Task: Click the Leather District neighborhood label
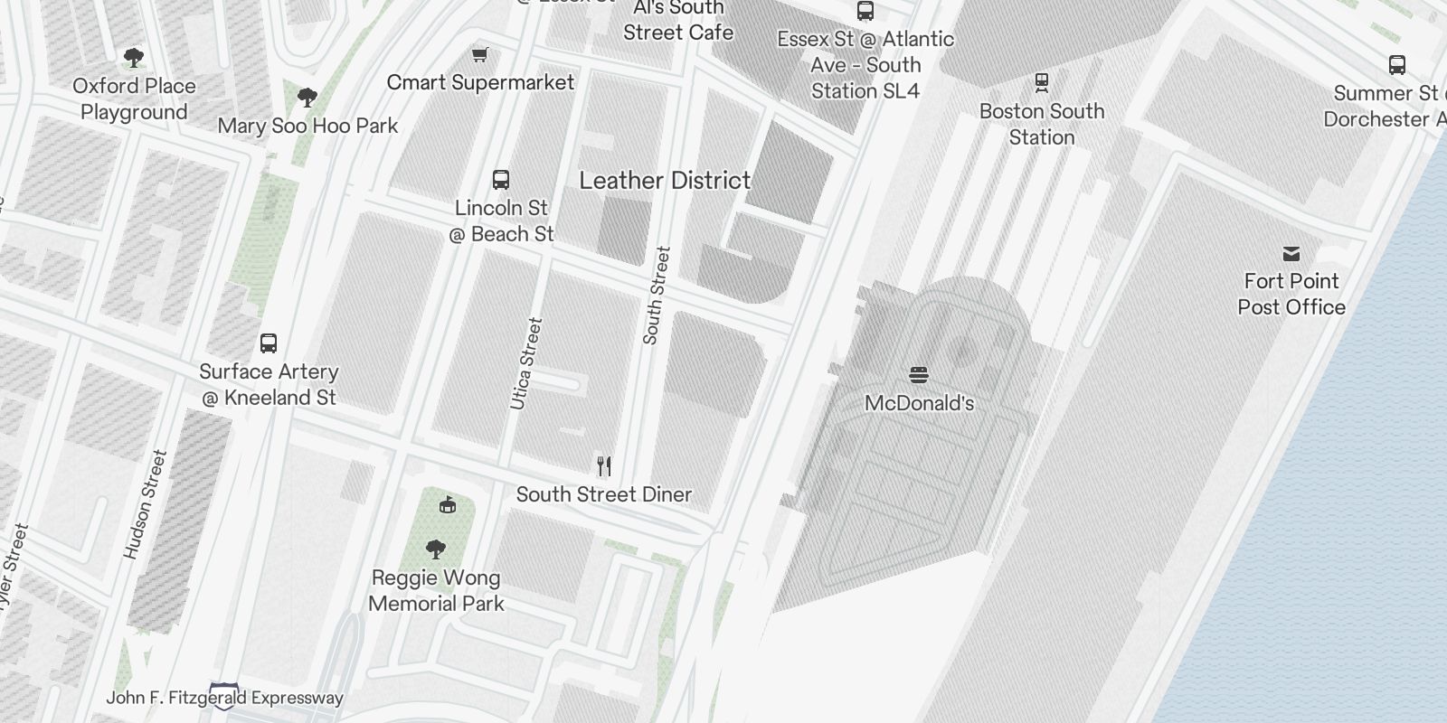[665, 181]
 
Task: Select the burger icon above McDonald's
[919, 375]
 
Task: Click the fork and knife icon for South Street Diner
[604, 466]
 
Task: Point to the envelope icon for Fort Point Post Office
[1291, 254]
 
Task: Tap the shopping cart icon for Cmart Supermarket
[480, 55]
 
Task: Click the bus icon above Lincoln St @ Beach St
[501, 179]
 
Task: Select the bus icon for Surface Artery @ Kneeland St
[269, 343]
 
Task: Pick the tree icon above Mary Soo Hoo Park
[307, 97]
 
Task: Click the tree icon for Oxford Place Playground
[134, 58]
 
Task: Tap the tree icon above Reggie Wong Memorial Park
[436, 549]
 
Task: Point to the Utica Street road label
[526, 363]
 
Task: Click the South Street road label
[657, 296]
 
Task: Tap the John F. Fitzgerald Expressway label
[225, 698]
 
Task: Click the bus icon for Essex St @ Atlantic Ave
[865, 11]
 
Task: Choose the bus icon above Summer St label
[1397, 65]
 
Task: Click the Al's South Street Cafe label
[678, 21]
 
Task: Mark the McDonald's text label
[919, 403]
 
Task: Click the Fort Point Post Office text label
[1291, 294]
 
